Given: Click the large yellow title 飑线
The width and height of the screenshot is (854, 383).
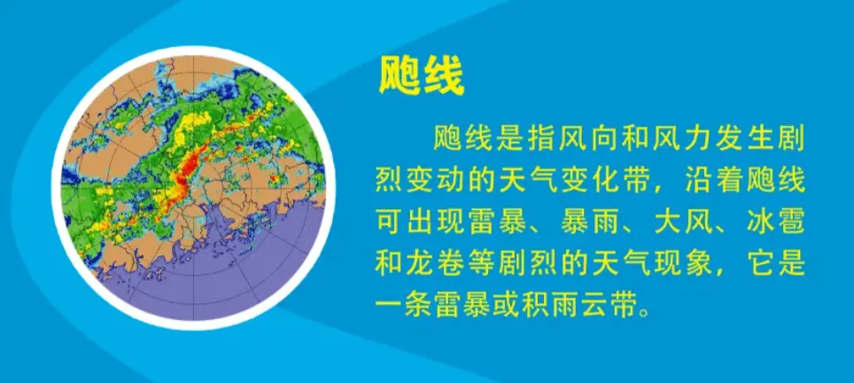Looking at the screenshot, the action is click(421, 77).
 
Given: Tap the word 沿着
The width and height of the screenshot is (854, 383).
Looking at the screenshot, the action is click(709, 182).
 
